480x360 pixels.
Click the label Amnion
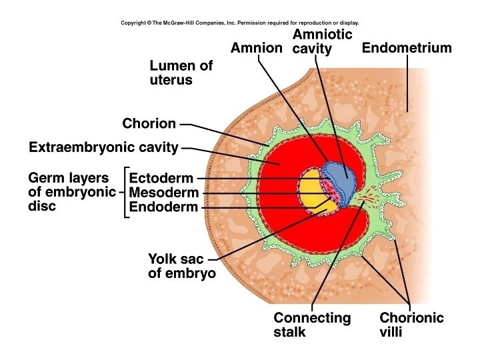[x=257, y=48]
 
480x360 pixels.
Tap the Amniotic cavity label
[x=322, y=41]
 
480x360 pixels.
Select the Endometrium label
[x=406, y=48]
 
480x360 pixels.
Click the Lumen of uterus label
[x=181, y=73]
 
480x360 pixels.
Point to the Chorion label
[x=149, y=123]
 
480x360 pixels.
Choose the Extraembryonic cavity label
[x=103, y=147]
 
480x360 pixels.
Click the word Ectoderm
[x=161, y=178]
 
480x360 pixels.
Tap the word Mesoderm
[x=163, y=193]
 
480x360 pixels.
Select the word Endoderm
[x=163, y=207]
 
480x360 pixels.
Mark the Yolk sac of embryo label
[x=181, y=266]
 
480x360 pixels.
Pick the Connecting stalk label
[x=311, y=325]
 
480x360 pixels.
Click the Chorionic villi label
[x=411, y=325]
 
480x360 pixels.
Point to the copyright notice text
[x=239, y=23]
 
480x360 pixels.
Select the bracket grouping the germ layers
[x=125, y=193]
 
